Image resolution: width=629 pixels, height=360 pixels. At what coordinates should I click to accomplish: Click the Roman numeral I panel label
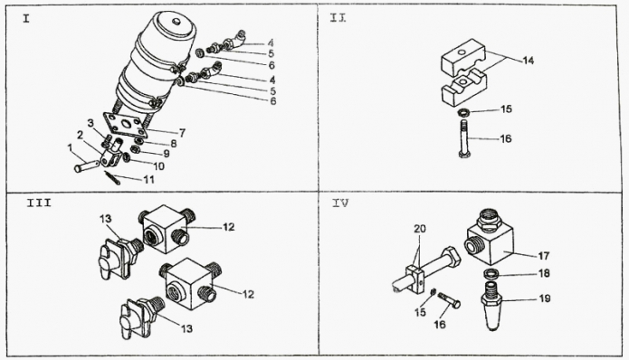26,19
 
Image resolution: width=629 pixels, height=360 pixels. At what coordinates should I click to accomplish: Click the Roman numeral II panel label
338,18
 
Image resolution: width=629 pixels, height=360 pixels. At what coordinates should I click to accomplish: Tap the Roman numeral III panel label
39,203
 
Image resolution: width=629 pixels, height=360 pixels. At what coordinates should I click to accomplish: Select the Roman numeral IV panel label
340,204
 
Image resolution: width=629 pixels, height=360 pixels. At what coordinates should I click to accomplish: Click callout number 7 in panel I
183,133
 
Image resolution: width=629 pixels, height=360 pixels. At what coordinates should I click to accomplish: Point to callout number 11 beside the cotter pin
148,180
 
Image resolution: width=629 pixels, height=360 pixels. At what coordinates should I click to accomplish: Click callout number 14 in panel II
529,61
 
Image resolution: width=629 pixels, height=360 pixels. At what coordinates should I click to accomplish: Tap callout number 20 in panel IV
420,229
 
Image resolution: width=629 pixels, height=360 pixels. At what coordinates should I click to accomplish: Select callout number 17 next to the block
544,255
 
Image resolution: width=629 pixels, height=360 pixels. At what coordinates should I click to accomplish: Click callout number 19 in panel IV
544,298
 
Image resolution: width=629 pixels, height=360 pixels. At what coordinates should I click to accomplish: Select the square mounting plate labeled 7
122,125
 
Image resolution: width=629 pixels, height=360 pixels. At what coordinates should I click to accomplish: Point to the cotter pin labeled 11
112,177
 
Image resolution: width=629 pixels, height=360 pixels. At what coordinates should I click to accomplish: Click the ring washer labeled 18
491,274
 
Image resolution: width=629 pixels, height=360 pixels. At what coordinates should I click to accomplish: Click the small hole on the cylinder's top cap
176,22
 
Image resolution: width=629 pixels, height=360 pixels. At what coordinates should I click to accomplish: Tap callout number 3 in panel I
91,122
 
